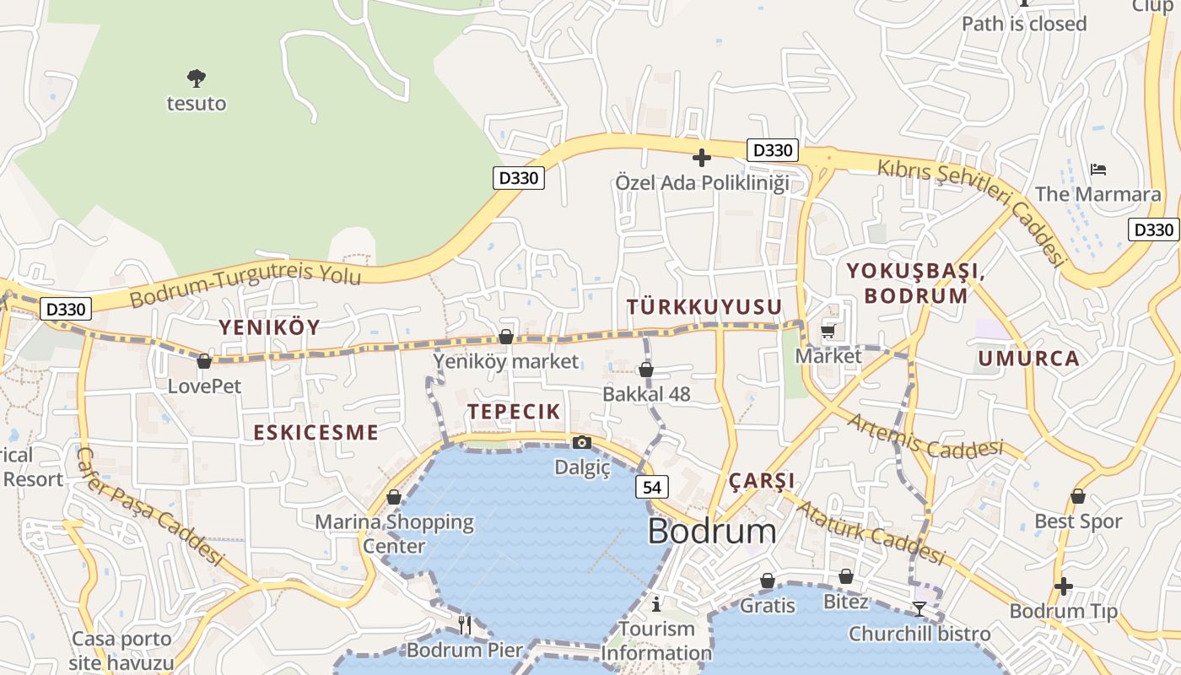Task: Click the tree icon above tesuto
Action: point(197,78)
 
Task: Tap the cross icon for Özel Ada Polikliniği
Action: point(701,158)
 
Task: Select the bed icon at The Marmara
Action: point(1097,170)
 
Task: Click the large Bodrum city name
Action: point(712,532)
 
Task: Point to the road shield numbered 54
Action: point(652,487)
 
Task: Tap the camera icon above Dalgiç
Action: point(581,442)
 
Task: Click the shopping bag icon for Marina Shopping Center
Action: point(394,497)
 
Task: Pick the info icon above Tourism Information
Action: point(656,603)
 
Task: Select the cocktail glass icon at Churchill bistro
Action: point(919,608)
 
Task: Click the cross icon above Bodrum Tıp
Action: point(1064,586)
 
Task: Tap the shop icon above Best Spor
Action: point(1077,496)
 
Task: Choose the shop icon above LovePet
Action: point(204,361)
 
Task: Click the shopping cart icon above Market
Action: point(828,331)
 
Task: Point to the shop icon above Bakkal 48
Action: point(646,370)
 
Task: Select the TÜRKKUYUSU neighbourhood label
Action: point(704,307)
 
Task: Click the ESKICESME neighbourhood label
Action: point(316,433)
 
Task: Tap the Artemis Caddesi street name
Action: point(925,436)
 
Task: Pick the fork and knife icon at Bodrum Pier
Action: point(465,624)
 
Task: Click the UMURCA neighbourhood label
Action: point(1028,359)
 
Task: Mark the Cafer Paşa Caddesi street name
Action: point(149,506)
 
